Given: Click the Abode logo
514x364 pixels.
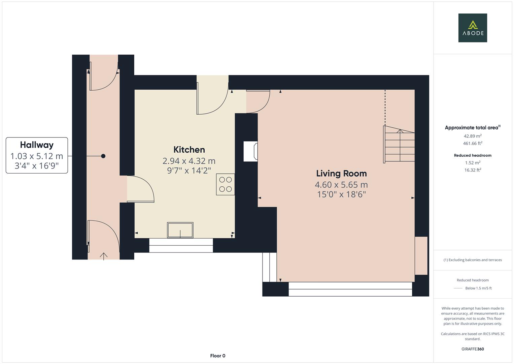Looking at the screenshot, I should point(472,28).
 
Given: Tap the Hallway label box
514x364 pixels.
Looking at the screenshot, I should point(37,155).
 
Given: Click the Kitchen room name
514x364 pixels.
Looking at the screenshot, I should point(189,150).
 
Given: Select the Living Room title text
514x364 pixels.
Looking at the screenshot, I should point(341,174).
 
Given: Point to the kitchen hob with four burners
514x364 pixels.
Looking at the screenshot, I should point(225,184).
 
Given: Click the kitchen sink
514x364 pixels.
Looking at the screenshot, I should point(180,230).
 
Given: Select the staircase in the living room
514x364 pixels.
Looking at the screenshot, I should point(399,144).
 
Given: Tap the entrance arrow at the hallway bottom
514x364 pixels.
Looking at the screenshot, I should point(104,256).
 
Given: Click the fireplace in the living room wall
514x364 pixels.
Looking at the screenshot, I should point(251,151).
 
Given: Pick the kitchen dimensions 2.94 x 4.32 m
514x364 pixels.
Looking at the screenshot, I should point(189,161).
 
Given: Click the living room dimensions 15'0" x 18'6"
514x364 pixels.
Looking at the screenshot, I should point(341,194).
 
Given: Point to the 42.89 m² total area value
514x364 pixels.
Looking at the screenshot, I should point(472,136).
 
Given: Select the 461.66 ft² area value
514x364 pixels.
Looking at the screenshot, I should point(472,144).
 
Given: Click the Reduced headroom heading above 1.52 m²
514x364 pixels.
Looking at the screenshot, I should point(472,155).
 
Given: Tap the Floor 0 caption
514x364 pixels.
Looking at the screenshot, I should point(217,356).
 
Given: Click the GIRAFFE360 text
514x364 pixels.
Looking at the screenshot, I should point(472,349).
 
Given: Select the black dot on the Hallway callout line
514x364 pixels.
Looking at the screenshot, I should point(103,156).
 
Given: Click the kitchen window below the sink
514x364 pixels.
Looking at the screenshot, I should point(181,245).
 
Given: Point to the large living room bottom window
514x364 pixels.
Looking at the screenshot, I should point(350,289).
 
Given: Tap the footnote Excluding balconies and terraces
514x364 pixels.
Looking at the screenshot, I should point(472,260).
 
